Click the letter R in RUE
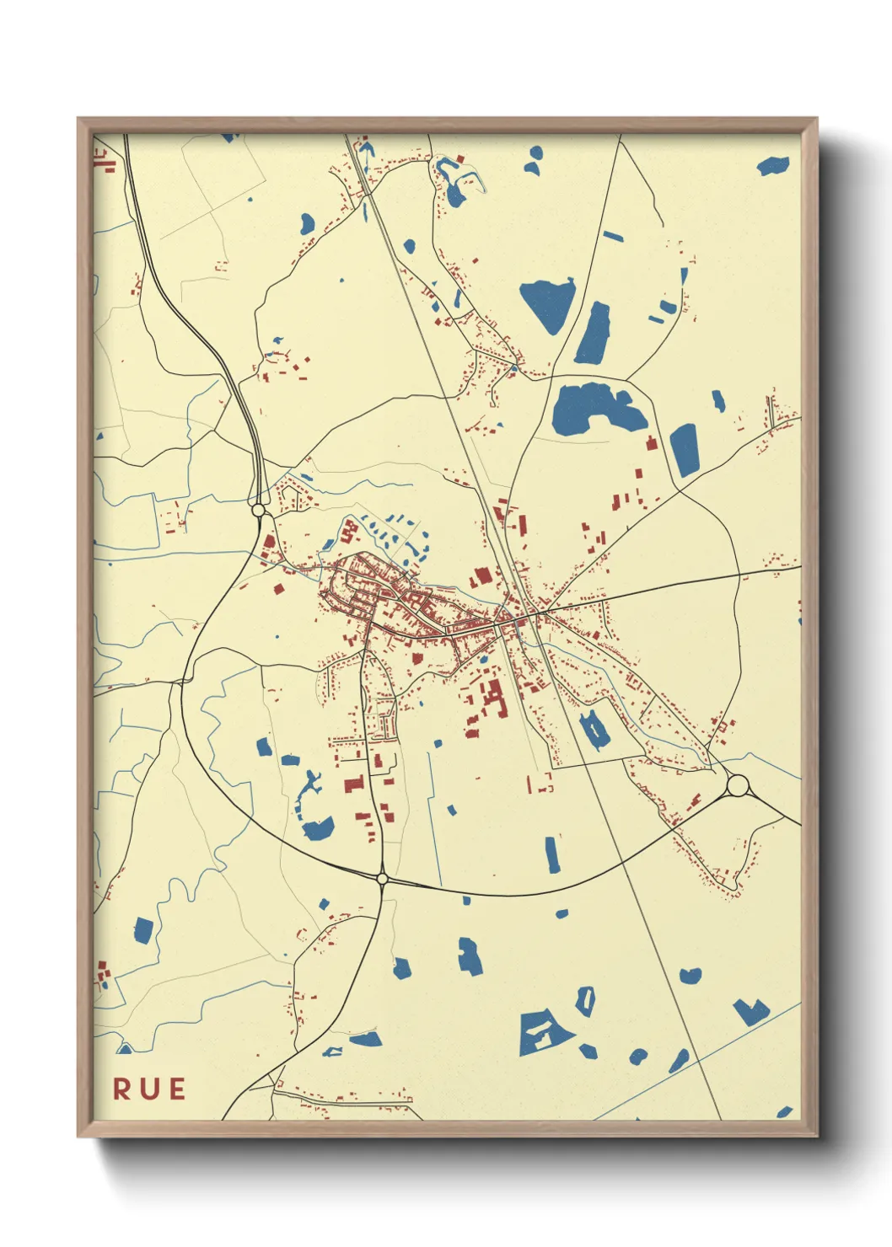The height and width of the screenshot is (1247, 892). pos(122,1089)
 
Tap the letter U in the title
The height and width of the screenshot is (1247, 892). pos(148,1089)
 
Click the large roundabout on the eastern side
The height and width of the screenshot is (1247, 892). pos(738,785)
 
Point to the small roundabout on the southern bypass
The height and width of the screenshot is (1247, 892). pos(382,879)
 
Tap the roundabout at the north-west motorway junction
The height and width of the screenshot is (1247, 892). pos(259,510)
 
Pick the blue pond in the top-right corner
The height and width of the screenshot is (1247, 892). pos(773,166)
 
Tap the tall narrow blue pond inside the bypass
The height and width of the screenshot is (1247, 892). pos(552,854)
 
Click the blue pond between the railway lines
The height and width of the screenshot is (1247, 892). pos(594,730)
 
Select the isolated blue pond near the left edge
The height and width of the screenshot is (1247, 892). pos(143,930)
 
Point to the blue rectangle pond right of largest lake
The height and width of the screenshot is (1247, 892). pos(684,450)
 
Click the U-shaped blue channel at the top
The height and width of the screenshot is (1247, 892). pos(456,182)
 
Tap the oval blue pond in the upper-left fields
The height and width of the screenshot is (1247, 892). pos(307,223)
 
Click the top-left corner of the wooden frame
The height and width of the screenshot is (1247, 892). pos(78,119)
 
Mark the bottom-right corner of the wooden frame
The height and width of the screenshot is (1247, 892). pos(816,1135)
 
